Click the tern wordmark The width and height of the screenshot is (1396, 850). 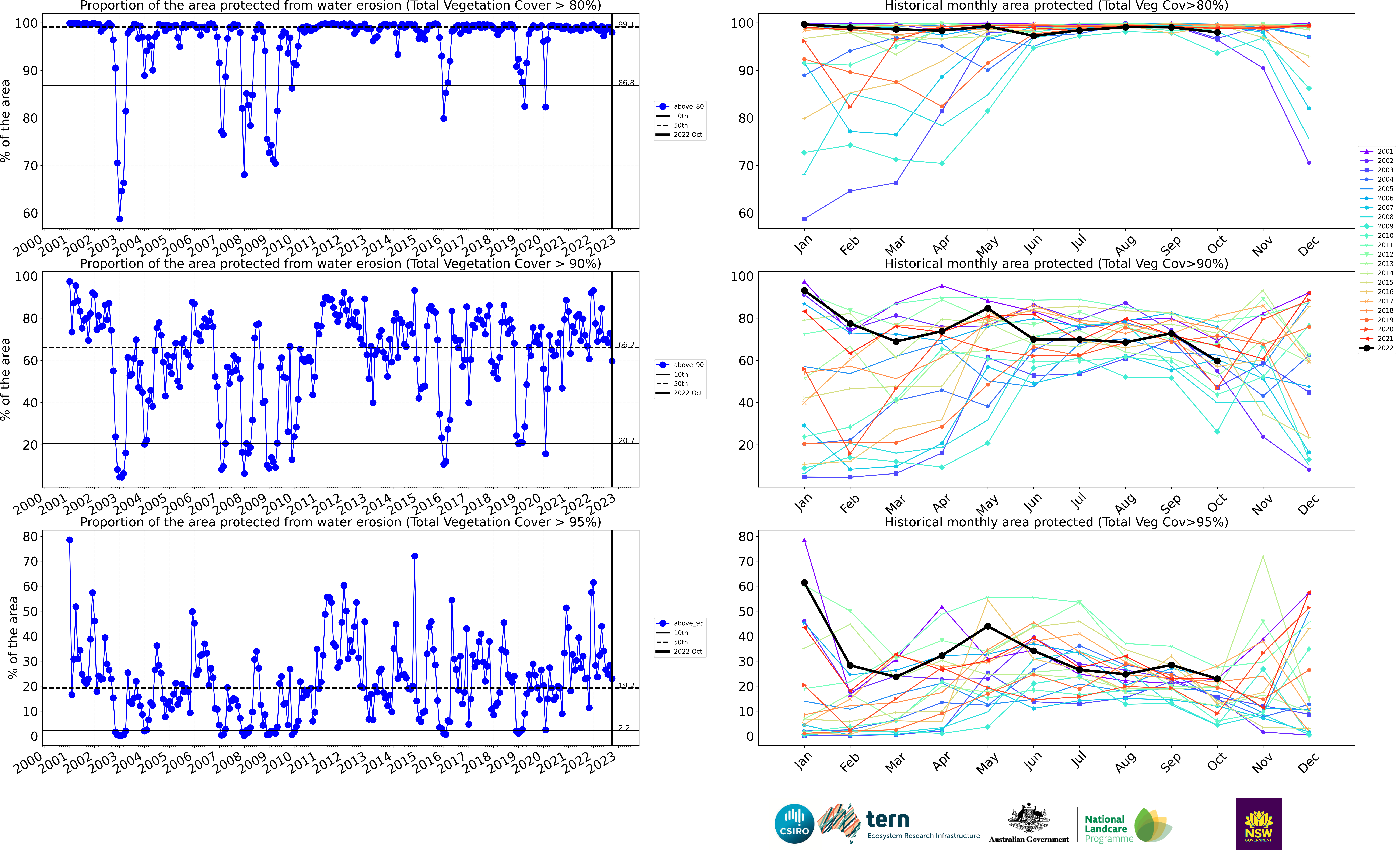coord(888,819)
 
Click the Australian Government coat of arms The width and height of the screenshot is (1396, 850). coord(1028,818)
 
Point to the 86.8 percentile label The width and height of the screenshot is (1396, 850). coord(626,83)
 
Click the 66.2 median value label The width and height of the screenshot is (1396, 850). coord(626,344)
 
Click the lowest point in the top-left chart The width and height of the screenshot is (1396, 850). coord(120,219)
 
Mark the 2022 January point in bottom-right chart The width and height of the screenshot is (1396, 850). coord(804,583)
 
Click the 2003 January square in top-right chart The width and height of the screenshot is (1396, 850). coord(804,219)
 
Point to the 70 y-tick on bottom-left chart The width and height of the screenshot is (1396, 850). coord(30,562)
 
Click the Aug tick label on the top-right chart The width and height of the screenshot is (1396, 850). coord(1125,245)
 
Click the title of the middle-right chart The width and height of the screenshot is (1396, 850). coord(1056,264)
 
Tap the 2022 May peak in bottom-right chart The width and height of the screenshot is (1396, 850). coord(987,626)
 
